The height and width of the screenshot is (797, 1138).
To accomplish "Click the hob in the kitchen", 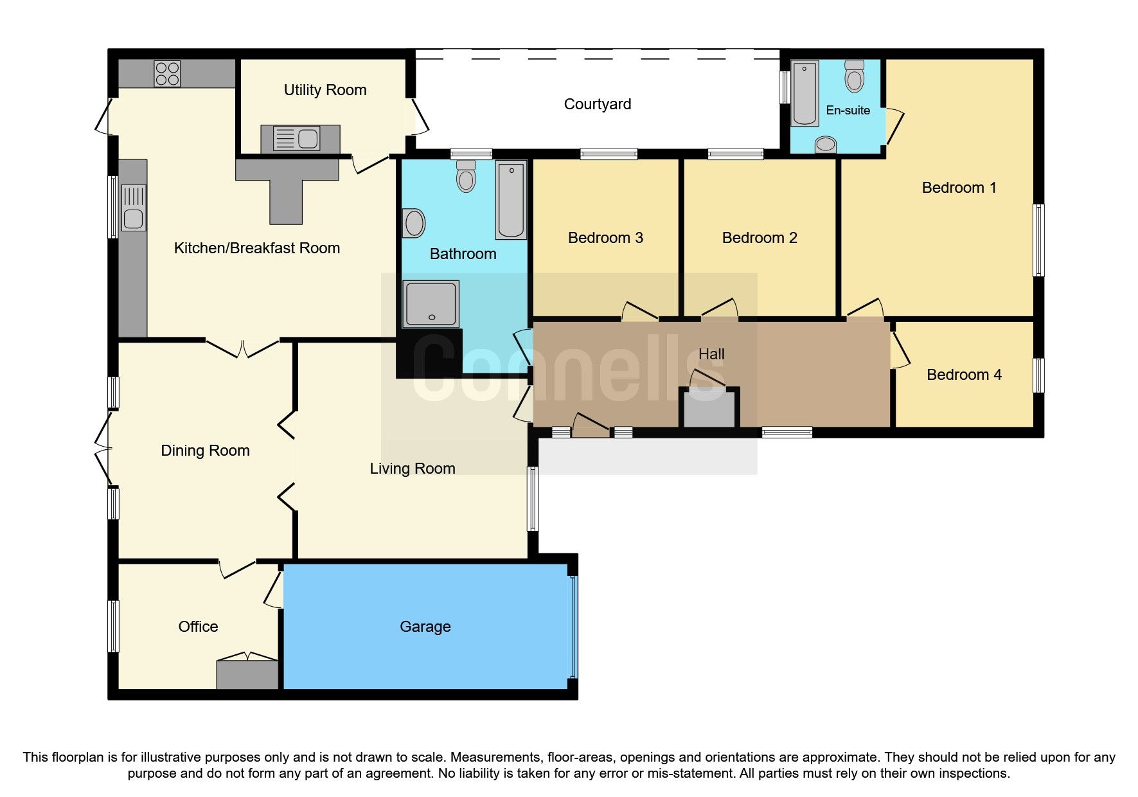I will tap(167, 74).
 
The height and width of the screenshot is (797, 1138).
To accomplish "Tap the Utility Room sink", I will tap(296, 138).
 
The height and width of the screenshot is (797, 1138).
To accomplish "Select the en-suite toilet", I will tap(854, 76).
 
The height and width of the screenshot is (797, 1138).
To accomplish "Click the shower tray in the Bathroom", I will tap(431, 303).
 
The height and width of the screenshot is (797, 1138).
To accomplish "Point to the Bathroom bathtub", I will tap(511, 199).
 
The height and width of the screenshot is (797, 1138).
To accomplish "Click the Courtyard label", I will tap(597, 104).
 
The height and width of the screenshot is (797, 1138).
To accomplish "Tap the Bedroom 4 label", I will tap(963, 375).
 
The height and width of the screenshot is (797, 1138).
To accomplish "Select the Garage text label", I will tap(425, 627).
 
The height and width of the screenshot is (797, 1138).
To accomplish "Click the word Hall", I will tap(711, 354).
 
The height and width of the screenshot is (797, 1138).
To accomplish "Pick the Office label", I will tap(198, 627).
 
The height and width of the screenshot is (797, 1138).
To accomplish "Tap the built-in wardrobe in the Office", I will tap(247, 674).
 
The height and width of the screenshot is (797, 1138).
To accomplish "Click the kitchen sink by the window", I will tap(133, 208).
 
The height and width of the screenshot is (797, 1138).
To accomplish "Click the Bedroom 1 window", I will tap(1038, 240).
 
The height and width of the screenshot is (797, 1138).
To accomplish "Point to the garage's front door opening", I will tap(573, 627).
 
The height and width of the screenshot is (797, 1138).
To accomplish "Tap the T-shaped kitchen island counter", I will tap(287, 187).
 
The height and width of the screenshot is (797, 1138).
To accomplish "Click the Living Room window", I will tap(532, 499).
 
